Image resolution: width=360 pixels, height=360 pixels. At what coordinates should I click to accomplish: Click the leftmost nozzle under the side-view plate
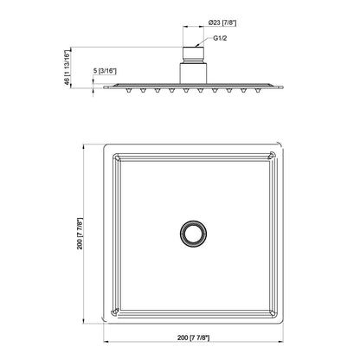[x=124, y=88]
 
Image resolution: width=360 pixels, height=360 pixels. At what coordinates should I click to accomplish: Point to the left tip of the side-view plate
[x=105, y=85]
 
